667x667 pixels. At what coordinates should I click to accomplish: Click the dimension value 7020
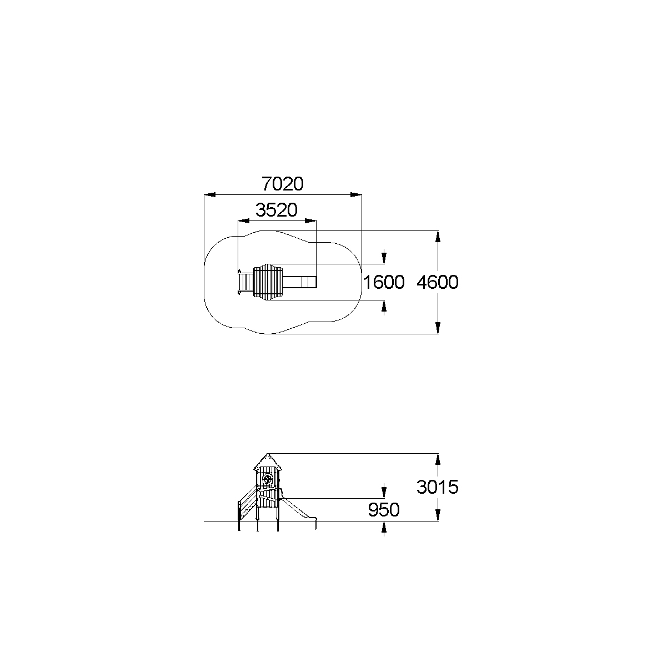(283, 184)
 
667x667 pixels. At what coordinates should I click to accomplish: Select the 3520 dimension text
(276, 210)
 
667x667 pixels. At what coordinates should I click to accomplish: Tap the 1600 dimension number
(384, 282)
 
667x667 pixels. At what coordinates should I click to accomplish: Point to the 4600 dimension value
(438, 282)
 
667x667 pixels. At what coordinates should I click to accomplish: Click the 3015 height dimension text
(438, 487)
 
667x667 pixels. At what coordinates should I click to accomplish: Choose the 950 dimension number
(384, 510)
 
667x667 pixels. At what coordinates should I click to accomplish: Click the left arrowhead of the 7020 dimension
(210, 194)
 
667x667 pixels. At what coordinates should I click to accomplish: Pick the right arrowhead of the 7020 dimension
(356, 194)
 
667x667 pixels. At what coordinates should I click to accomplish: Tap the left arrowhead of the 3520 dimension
(244, 221)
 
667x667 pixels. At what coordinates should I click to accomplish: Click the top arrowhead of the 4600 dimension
(438, 237)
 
